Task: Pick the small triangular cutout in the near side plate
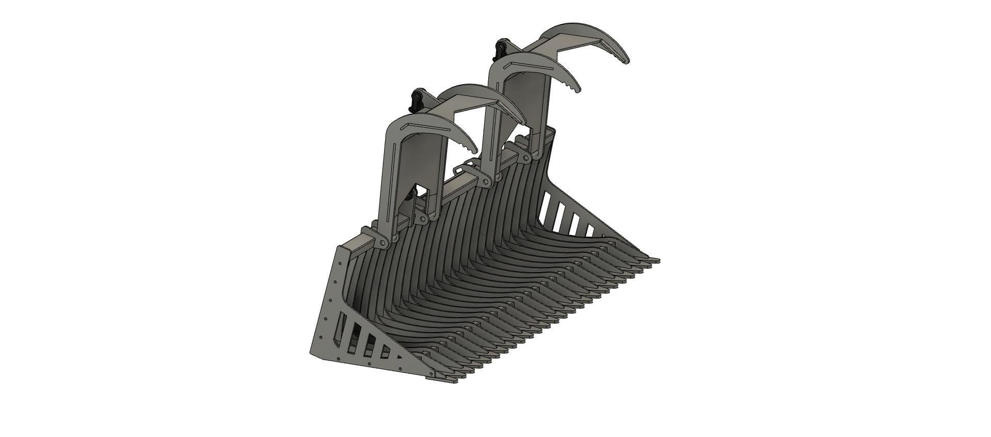[x=398, y=357]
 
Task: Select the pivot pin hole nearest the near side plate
[x=382, y=243]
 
